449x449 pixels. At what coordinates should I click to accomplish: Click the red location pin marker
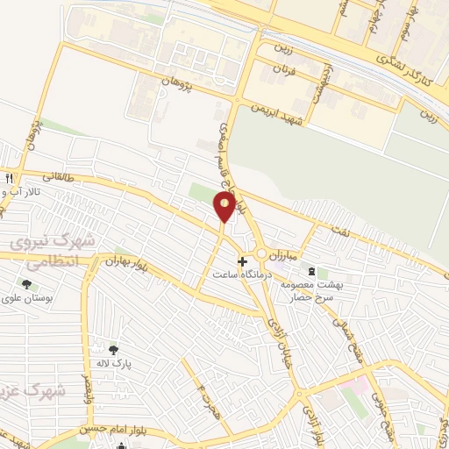(x=224, y=207)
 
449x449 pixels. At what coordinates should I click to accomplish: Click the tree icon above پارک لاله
(x=112, y=348)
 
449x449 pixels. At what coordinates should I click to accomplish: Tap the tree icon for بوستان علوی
(x=25, y=284)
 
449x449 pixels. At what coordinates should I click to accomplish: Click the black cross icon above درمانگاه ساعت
(x=243, y=261)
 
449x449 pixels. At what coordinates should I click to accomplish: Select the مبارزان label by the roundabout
(x=284, y=253)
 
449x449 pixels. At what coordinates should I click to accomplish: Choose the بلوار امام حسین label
(x=83, y=430)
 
